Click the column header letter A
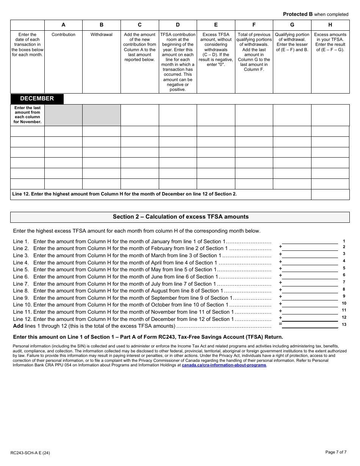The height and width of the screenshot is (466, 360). click(x=63, y=25)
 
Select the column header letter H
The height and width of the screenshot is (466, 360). click(x=330, y=25)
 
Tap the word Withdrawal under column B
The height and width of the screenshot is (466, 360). click(x=101, y=34)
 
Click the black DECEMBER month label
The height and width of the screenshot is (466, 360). click(x=37, y=99)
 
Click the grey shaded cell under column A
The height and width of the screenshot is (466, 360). click(x=63, y=115)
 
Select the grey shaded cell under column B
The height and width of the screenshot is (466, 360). click(x=101, y=115)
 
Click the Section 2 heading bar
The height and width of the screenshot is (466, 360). click(x=180, y=217)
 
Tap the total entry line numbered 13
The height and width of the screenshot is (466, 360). click(x=310, y=325)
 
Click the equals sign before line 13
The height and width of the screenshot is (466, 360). click(x=280, y=324)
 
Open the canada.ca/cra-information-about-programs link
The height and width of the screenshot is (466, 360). click(x=224, y=365)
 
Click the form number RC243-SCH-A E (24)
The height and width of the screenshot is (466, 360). click(x=30, y=453)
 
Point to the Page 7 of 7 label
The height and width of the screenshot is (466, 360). click(x=336, y=452)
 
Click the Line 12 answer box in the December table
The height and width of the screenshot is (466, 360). click(x=330, y=194)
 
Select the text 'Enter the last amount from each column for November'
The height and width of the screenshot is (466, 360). click(x=27, y=115)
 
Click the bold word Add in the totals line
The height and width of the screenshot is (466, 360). click(x=18, y=326)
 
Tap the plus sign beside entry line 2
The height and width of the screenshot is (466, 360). click(x=280, y=247)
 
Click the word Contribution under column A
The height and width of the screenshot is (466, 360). click(x=63, y=34)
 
